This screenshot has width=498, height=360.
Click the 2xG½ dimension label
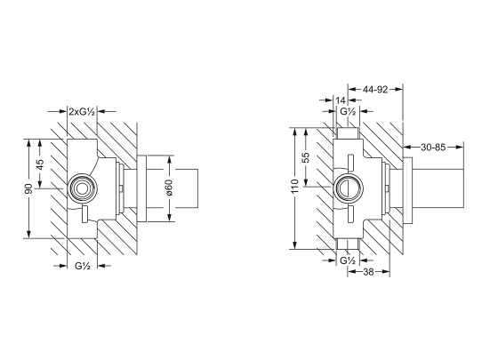[82, 111]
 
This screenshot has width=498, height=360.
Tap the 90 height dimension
[28, 188]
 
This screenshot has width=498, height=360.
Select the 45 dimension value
[40, 164]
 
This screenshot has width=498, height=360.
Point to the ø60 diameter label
[169, 188]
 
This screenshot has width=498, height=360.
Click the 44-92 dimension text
[375, 90]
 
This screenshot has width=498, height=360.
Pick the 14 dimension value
[340, 100]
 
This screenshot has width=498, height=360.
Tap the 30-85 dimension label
[433, 147]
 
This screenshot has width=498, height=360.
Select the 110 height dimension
[295, 187]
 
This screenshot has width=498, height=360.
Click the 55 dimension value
[306, 157]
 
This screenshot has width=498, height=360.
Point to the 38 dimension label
[368, 272]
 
